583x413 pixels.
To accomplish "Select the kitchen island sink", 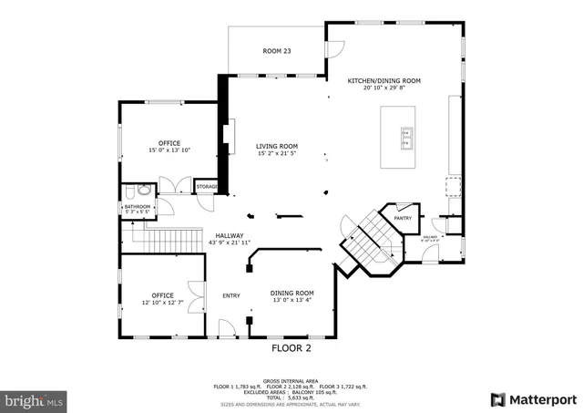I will pyautogui.click(x=404, y=138).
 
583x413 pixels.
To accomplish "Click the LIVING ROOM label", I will pyautogui.click(x=276, y=146).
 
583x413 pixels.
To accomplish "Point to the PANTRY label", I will pyautogui.click(x=402, y=219).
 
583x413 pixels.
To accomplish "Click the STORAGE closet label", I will pyautogui.click(x=206, y=188).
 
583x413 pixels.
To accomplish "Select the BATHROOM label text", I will pyautogui.click(x=138, y=207).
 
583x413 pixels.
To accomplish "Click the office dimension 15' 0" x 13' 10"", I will pyautogui.click(x=169, y=150).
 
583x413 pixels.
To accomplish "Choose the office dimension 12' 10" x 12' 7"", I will pyautogui.click(x=162, y=303).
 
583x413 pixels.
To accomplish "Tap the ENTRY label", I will pyautogui.click(x=230, y=295).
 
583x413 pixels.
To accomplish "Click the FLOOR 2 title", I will pyautogui.click(x=291, y=348).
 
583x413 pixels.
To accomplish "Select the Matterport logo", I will pyautogui.click(x=533, y=399).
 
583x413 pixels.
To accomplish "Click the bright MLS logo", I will pyautogui.click(x=35, y=399).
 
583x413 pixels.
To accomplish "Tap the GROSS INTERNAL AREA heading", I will pyautogui.click(x=291, y=381).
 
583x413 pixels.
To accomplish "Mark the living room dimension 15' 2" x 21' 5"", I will pyautogui.click(x=276, y=153).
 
